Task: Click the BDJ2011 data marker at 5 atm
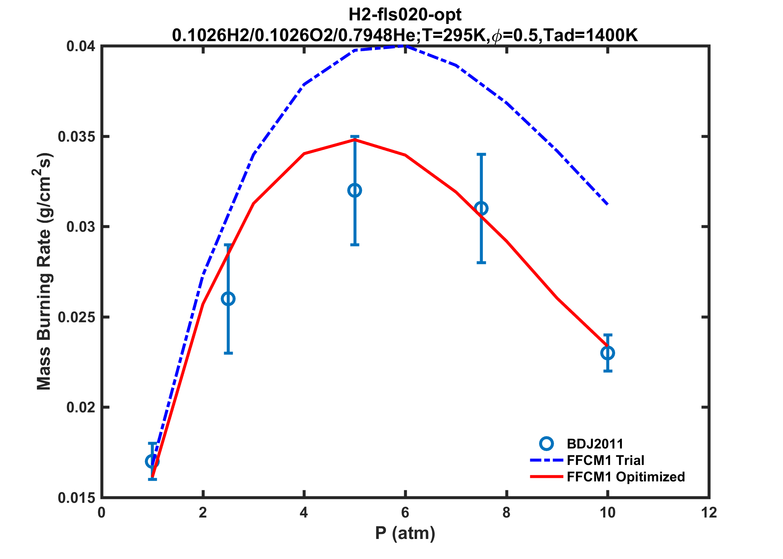click(354, 190)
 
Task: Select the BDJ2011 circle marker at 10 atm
click(608, 353)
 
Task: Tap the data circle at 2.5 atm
click(228, 299)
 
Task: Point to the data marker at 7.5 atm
click(481, 208)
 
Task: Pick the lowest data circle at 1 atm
click(152, 461)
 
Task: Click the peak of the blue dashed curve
click(405, 46)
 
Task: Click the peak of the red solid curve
click(354, 139)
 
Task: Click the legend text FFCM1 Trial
click(605, 460)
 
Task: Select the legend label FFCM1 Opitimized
click(626, 477)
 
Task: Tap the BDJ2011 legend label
click(595, 444)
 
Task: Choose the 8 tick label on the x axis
click(506, 513)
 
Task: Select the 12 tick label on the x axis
click(709, 513)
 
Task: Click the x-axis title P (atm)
click(405, 533)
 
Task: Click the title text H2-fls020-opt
click(405, 15)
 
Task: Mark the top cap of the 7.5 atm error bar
click(481, 154)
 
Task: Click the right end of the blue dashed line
click(608, 204)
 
